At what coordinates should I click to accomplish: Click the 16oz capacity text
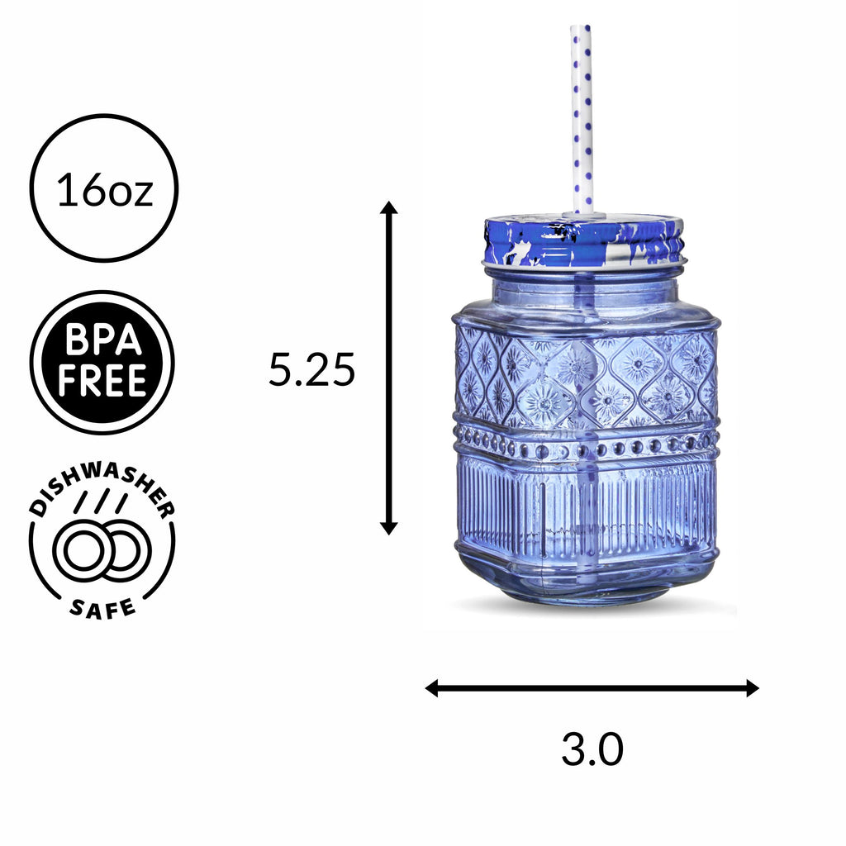tap(104, 191)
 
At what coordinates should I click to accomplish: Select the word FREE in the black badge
tap(102, 381)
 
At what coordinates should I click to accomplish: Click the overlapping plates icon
tap(102, 552)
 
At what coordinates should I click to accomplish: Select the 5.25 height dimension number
tap(311, 370)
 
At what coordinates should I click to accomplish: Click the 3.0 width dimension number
tap(592, 750)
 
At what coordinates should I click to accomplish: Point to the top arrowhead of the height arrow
tap(388, 207)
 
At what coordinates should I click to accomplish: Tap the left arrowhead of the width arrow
tap(432, 687)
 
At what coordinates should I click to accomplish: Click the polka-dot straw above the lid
tap(582, 116)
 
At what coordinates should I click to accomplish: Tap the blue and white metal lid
tap(584, 240)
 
